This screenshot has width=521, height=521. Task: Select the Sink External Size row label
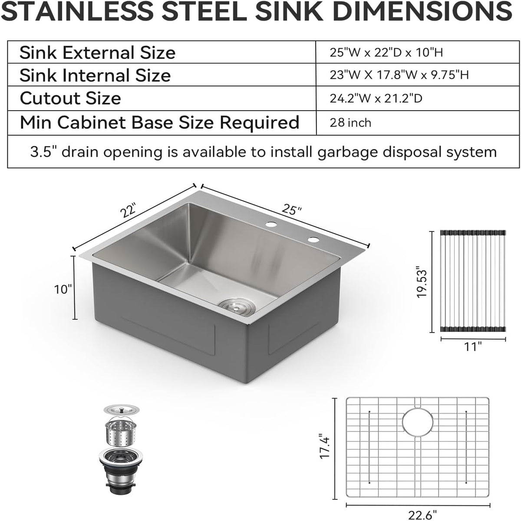(x=97, y=52)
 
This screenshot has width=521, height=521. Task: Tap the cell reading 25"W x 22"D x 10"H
(x=386, y=52)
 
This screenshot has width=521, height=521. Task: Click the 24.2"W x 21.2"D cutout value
(x=376, y=98)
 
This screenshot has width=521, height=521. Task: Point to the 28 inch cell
(x=350, y=123)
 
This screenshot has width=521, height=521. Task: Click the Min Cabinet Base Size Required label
(x=159, y=122)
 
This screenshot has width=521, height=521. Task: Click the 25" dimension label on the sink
(x=291, y=210)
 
